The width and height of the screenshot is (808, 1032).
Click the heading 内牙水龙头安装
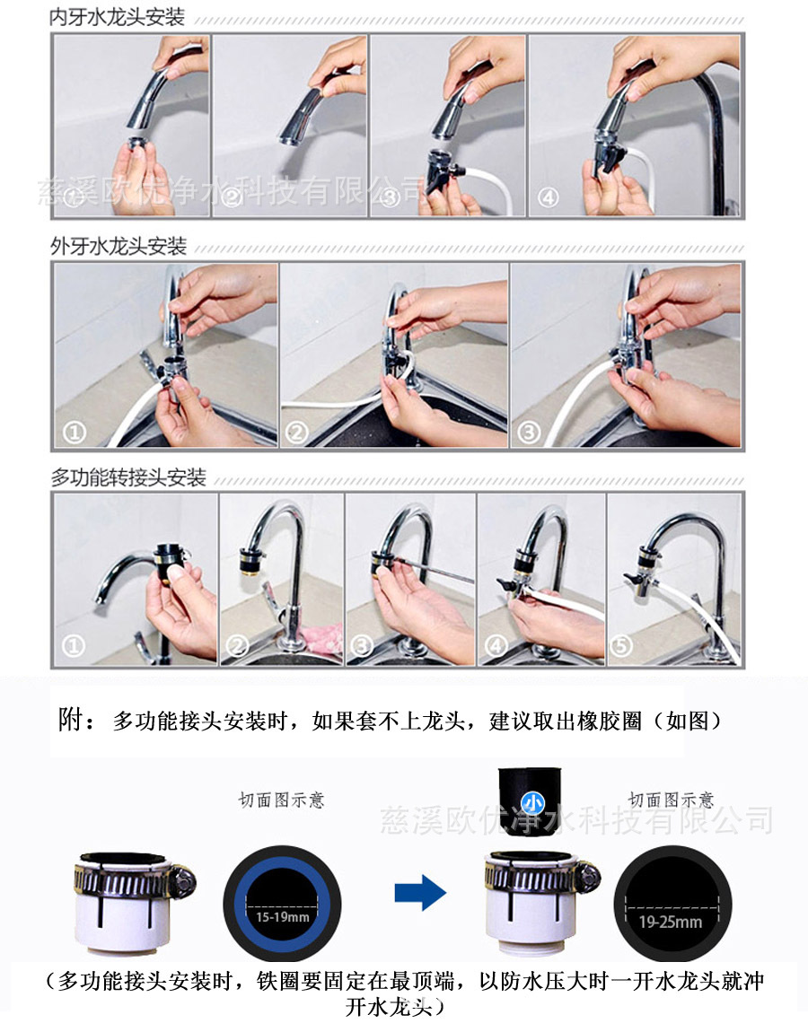coord(118,18)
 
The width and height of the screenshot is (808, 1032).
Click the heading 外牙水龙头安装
coord(118,246)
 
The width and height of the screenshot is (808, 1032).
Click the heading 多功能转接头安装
coord(128,477)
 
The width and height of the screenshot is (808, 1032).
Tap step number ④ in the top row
coord(548,198)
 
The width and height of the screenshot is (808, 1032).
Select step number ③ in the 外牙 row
coord(529,433)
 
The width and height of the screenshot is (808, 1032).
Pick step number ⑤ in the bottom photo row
coord(624,645)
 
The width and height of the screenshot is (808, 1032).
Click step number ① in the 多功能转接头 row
coord(74,646)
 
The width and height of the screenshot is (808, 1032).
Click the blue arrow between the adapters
coord(420,892)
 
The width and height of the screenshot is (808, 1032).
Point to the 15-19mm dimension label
coord(281,916)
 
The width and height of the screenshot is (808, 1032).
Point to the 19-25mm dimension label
coord(672,922)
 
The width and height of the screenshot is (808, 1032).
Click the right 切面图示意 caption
coord(671,799)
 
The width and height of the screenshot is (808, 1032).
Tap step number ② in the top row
coord(233,198)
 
